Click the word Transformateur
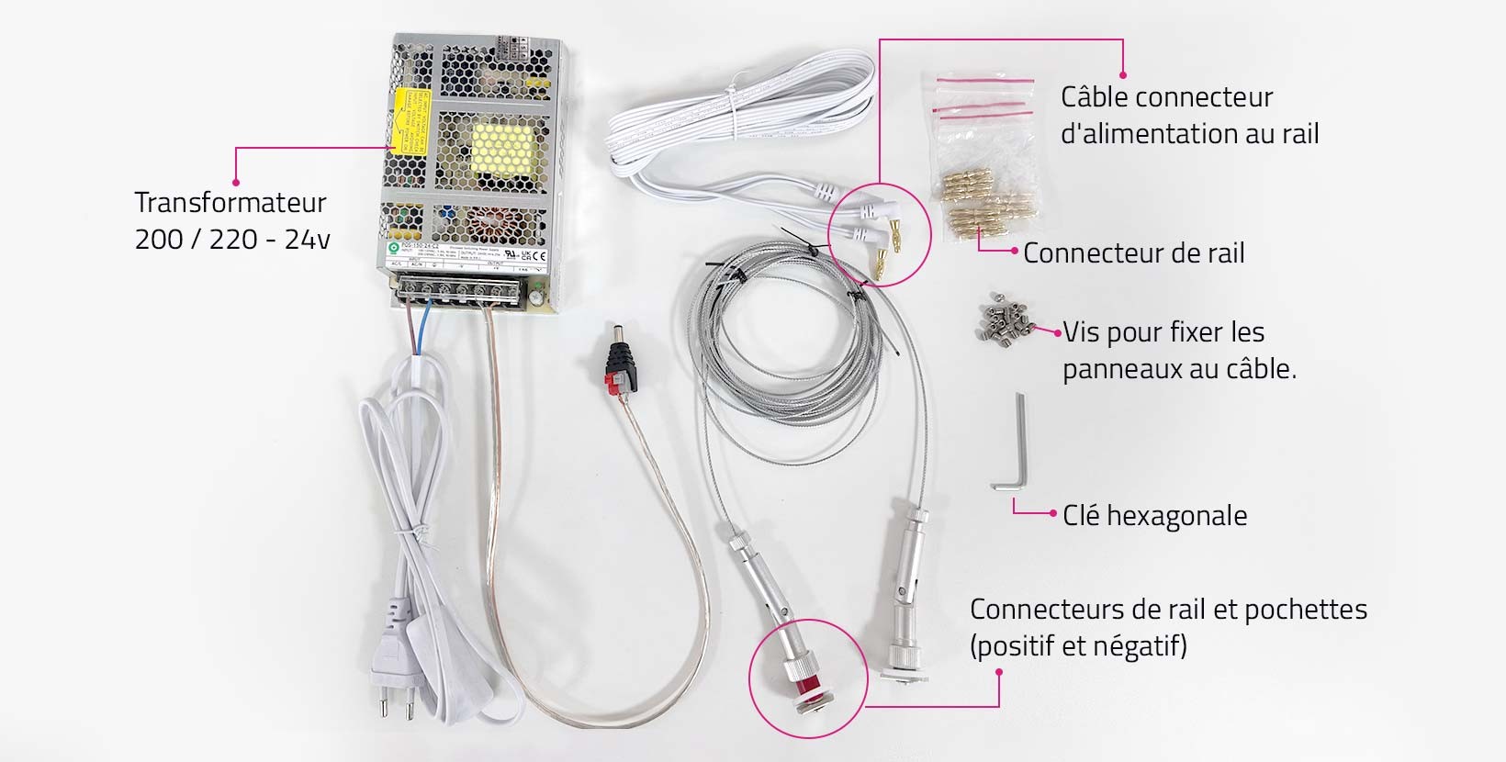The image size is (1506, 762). [230, 202]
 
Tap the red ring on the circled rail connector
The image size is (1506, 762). [807, 680]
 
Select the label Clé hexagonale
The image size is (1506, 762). [1154, 516]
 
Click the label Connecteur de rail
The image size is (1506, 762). [1133, 253]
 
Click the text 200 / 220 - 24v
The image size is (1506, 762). [232, 240]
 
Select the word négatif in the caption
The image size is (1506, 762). [1139, 646]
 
